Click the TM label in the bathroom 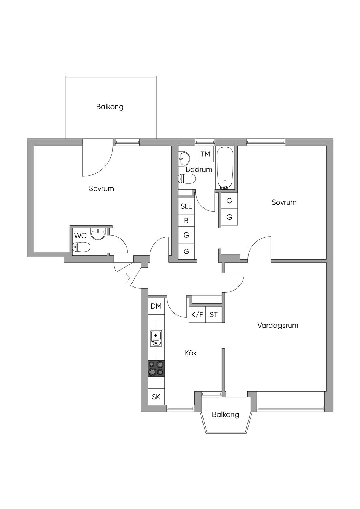pyautogui.click(x=205, y=154)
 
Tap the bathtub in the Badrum pyautogui.click(x=225, y=168)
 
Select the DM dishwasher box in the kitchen pyautogui.click(x=156, y=306)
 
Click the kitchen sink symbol pyautogui.click(x=156, y=338)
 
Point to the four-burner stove pyautogui.click(x=156, y=368)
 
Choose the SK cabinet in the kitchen pyautogui.click(x=156, y=397)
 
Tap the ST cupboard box pyautogui.click(x=214, y=315)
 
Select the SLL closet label pyautogui.click(x=186, y=206)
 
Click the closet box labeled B pyautogui.click(x=186, y=221)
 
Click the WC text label pyautogui.click(x=80, y=236)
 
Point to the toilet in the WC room pyautogui.click(x=81, y=247)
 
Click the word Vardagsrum pyautogui.click(x=278, y=325)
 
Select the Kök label pyautogui.click(x=191, y=353)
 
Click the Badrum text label pyautogui.click(x=199, y=169)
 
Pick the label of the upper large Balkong pyautogui.click(x=110, y=107)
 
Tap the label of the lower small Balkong pyautogui.click(x=225, y=415)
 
